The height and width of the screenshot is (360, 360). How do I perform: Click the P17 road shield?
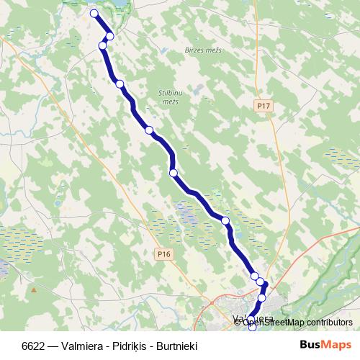(264, 106)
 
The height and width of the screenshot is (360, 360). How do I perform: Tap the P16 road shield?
(164, 253)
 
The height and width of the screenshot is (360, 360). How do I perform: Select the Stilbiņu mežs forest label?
(167, 97)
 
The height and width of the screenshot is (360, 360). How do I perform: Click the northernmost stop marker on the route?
(94, 13)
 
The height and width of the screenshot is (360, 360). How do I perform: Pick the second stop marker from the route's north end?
(110, 36)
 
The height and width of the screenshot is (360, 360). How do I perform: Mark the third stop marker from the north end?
(102, 46)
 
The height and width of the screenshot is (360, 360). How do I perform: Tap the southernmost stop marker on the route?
(252, 328)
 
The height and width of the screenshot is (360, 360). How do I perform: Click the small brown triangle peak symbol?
(34, 290)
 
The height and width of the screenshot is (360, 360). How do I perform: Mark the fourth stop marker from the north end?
(120, 84)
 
